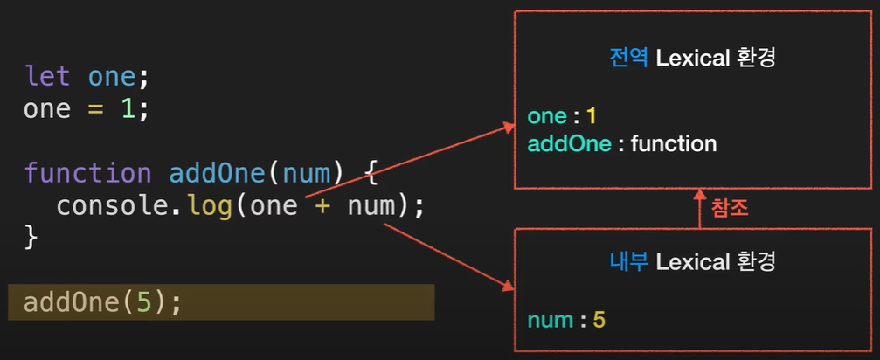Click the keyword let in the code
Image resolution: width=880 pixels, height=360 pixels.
49,78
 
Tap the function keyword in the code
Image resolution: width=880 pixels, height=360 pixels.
88,173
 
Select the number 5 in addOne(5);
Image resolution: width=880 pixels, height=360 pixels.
143,302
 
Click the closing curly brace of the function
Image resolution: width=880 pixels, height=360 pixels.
31,237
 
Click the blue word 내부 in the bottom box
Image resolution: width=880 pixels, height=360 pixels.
627,260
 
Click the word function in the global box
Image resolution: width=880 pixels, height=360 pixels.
673,143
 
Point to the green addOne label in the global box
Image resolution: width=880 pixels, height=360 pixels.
569,143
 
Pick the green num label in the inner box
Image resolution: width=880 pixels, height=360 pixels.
551,320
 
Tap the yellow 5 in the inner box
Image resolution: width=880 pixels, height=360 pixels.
599,320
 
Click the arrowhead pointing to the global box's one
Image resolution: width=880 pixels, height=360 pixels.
509,128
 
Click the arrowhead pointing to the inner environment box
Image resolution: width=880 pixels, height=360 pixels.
509,286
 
